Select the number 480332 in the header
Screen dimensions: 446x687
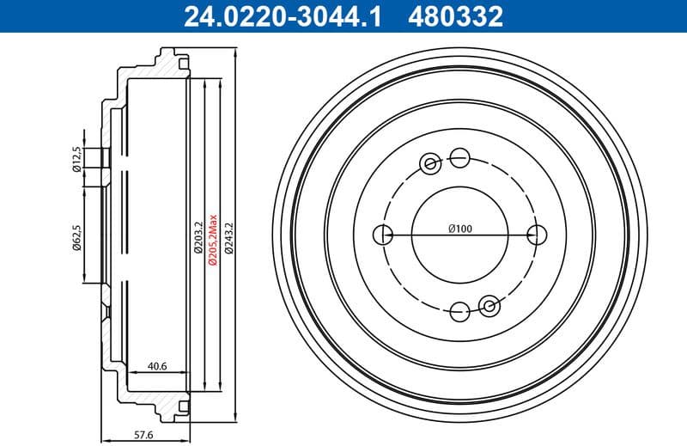pyautogui.click(x=458, y=15)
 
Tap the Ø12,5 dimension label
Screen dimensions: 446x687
pyautogui.click(x=77, y=160)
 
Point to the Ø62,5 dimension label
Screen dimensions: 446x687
pyautogui.click(x=77, y=237)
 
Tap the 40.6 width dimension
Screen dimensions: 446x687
pyautogui.click(x=157, y=366)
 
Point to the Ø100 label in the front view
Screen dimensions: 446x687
pyautogui.click(x=460, y=229)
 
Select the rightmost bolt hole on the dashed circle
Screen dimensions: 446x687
pyautogui.click(x=538, y=233)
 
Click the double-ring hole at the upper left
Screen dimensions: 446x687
pyautogui.click(x=430, y=162)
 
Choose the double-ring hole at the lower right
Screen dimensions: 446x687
pyautogui.click(x=490, y=303)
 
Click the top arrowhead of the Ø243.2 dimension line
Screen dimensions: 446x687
pyautogui.click(x=235, y=55)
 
